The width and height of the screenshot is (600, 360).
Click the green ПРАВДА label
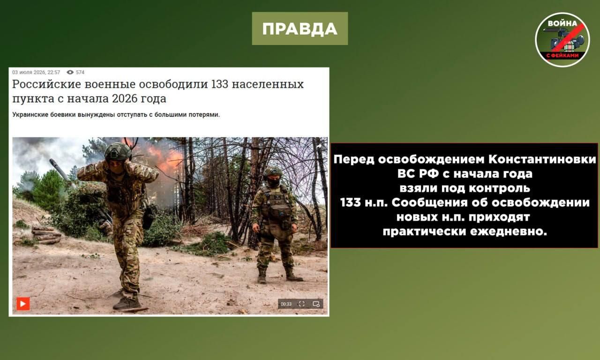pyautogui.click(x=300, y=29)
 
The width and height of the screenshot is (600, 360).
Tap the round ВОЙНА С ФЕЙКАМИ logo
pyautogui.click(x=562, y=40)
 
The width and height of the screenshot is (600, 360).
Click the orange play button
pyautogui.click(x=23, y=304)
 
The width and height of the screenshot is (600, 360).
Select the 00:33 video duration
pyautogui.click(x=286, y=304)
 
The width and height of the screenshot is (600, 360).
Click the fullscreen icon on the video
pyautogui.click(x=301, y=304)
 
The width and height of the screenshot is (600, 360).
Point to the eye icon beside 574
pyautogui.click(x=70, y=72)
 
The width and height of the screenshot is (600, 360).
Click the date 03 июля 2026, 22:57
pyautogui.click(x=36, y=72)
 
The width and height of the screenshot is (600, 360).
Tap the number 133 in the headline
pyautogui.click(x=220, y=84)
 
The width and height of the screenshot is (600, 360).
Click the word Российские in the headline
pyautogui.click(x=46, y=84)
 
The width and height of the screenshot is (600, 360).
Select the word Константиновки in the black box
pyautogui.click(x=542, y=160)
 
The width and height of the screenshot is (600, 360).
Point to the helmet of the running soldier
pyautogui.click(x=117, y=151)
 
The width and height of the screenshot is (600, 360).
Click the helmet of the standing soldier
pyautogui.click(x=272, y=172)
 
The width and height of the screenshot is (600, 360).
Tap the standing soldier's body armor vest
pyautogui.click(x=276, y=203)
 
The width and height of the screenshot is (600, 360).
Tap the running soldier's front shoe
pyautogui.click(x=127, y=303)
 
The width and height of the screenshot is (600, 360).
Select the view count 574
pyautogui.click(x=80, y=72)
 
